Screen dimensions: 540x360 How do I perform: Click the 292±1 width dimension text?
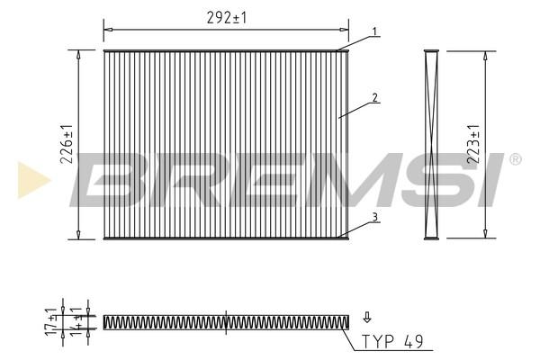(227, 18)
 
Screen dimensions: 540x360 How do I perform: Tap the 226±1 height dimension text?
(67, 144)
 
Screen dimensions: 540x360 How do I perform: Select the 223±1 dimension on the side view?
(473, 144)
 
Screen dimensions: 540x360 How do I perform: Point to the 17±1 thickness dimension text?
(52, 321)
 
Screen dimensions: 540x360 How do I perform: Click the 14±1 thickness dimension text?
(77, 321)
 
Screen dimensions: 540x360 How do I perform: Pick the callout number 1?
(375, 31)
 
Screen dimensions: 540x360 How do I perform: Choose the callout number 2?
(375, 98)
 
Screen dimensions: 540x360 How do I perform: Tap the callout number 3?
(375, 217)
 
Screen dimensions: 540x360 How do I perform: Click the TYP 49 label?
(392, 341)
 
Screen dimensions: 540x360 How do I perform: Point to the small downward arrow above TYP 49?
(367, 318)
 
